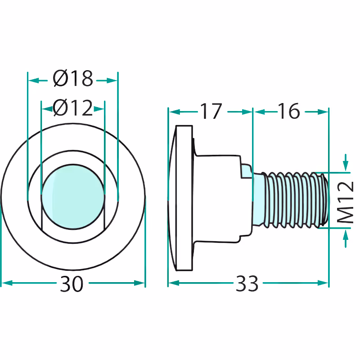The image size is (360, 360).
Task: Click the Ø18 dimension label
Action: [73, 78]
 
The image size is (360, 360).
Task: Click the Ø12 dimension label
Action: [73, 108]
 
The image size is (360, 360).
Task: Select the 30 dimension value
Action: [72, 284]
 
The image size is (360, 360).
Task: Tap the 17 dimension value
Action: [211, 111]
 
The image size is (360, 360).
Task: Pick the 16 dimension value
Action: [289, 111]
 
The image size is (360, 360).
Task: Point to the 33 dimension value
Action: [247, 284]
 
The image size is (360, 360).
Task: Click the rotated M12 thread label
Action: [346, 202]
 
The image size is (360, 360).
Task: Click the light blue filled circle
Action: [73, 197]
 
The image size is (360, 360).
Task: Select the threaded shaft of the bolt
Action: [294, 200]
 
